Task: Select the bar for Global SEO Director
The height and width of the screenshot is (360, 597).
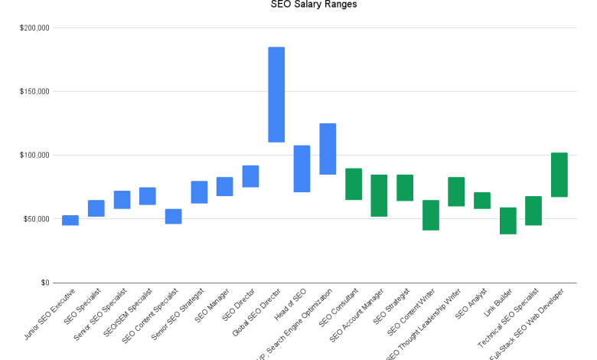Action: tap(276, 95)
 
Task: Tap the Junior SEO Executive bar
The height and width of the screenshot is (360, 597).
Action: tap(70, 221)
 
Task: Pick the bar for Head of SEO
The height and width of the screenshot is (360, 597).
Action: tap(302, 169)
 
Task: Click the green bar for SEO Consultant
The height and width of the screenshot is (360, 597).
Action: tap(354, 184)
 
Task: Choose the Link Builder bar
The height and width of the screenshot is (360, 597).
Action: tap(507, 221)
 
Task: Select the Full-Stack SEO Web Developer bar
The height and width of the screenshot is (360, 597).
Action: tap(559, 175)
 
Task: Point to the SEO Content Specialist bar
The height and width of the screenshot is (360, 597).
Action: tap(174, 216)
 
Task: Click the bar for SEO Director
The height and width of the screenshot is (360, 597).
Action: tap(250, 176)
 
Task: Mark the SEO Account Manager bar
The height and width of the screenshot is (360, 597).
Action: tap(379, 195)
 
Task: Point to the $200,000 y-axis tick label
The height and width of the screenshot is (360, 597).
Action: tap(34, 28)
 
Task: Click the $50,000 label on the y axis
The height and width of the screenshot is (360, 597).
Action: tap(37, 219)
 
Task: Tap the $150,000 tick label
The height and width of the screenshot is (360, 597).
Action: tap(34, 92)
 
